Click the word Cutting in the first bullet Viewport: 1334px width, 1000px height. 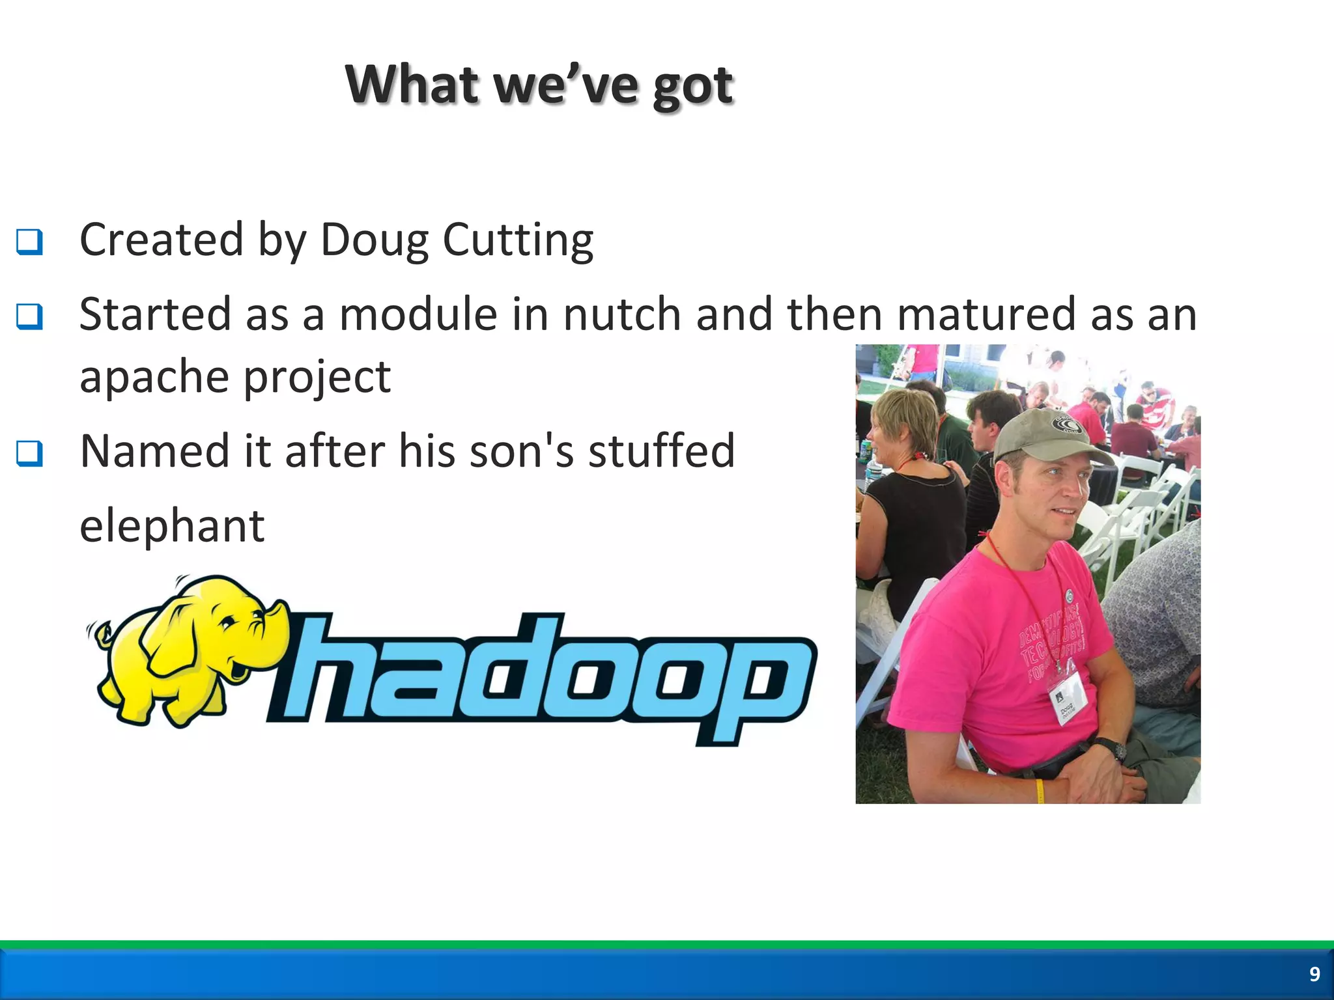pos(518,241)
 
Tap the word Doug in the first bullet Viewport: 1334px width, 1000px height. pos(374,241)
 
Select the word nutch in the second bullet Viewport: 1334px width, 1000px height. pos(622,314)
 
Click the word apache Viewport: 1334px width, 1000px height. pos(153,378)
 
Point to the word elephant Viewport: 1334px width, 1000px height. pos(172,526)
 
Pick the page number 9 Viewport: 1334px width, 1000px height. pos(1314,974)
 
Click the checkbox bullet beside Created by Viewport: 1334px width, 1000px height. pos(29,242)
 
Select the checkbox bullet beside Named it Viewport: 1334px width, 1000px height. pos(29,454)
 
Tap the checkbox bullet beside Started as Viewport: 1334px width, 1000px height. pos(29,317)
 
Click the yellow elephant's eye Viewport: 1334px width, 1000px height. pos(227,623)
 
